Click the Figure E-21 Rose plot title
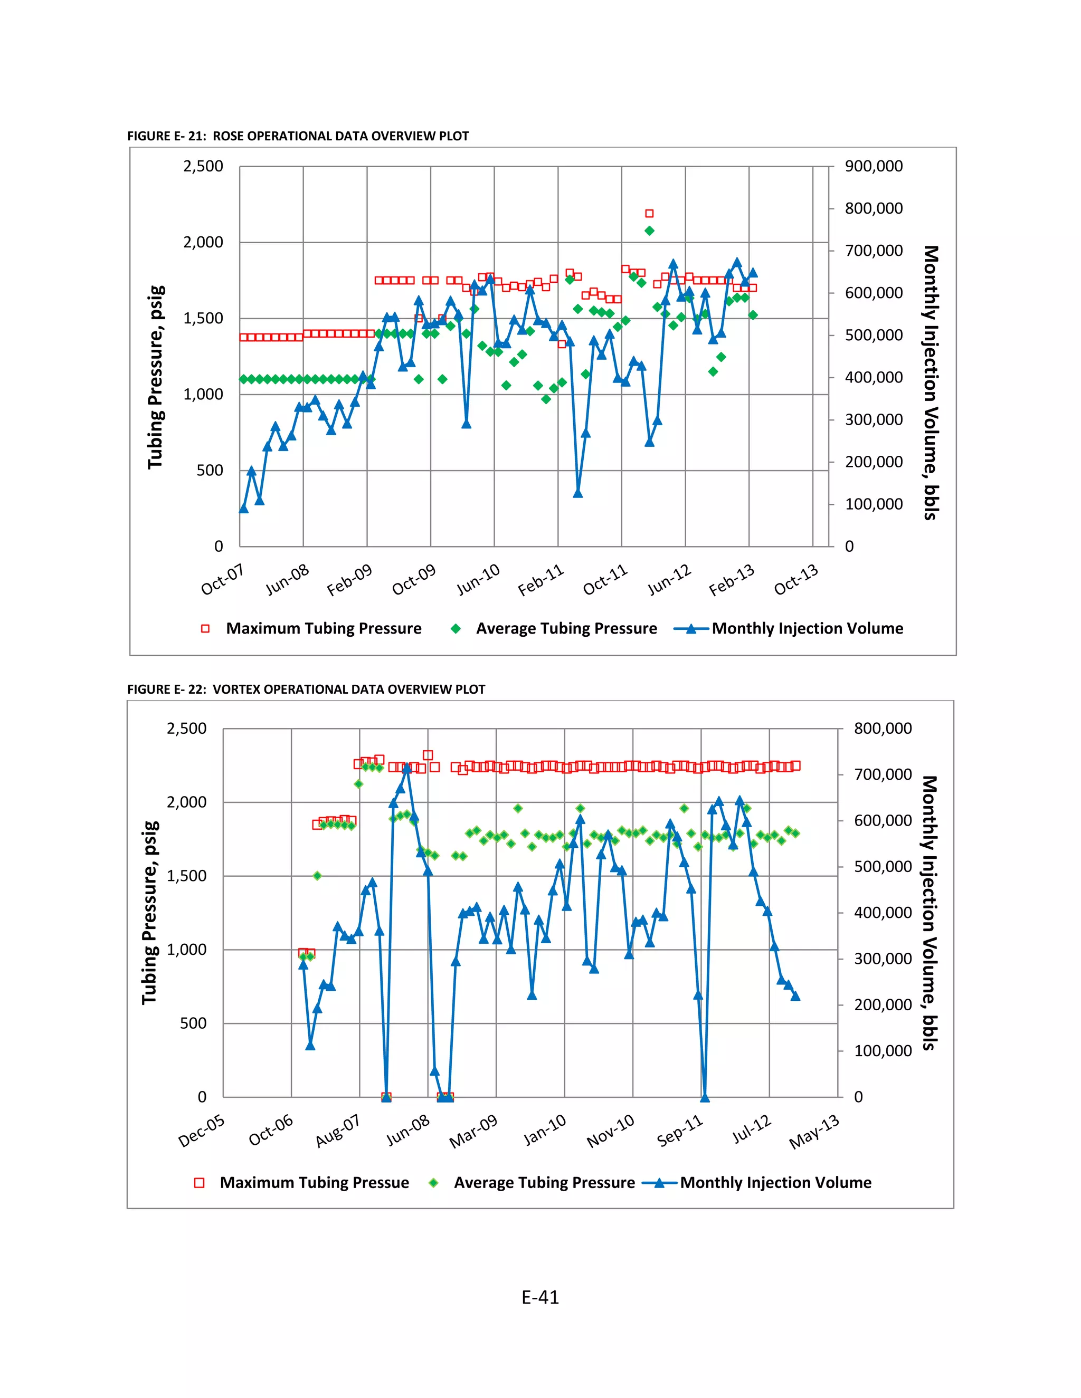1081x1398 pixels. tap(298, 136)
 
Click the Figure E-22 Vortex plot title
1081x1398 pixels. tap(306, 690)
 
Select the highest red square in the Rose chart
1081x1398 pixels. tap(649, 214)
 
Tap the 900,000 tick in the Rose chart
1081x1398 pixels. tap(874, 166)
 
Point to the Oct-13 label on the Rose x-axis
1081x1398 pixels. tap(796, 579)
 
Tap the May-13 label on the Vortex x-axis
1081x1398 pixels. tap(814, 1131)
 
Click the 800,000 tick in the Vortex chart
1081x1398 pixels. tap(883, 729)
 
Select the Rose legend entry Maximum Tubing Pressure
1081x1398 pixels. tap(324, 629)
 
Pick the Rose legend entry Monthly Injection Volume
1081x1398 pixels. tap(807, 629)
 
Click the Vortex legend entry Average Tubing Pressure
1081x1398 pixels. tap(544, 1182)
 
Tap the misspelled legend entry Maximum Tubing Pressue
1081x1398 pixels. tap(314, 1182)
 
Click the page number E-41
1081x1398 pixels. tap(540, 1298)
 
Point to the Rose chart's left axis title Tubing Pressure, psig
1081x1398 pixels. tap(156, 377)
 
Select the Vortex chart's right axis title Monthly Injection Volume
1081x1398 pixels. tap(929, 913)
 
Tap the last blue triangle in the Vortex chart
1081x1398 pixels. tap(795, 996)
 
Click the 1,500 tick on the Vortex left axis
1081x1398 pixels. tap(186, 876)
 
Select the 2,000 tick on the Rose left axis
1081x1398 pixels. tap(203, 243)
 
